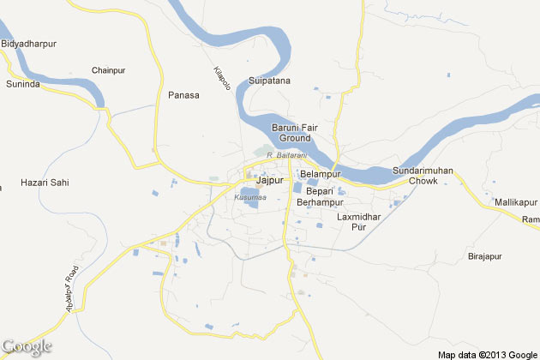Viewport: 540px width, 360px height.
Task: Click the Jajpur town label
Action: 269,180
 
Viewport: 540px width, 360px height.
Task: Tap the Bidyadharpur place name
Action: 29,42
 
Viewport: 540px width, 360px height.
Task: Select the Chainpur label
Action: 108,69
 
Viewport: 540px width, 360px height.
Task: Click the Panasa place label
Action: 183,95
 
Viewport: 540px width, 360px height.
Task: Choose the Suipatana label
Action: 269,81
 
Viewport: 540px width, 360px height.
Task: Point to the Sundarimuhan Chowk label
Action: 421,176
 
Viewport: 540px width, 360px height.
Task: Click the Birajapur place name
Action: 484,256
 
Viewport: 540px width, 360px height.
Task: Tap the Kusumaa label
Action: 249,198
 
